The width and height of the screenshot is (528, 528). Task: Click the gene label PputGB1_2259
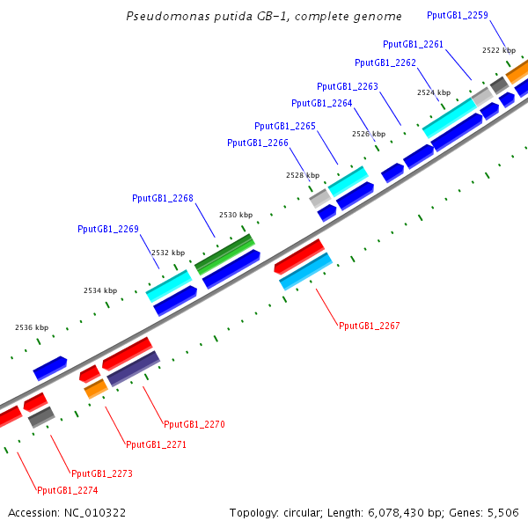(458, 15)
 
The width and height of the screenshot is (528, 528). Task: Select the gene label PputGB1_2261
(414, 44)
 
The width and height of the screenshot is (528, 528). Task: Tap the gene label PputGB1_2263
(348, 86)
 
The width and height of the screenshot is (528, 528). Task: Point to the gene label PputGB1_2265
(285, 126)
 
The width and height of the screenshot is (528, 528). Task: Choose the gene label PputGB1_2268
(163, 198)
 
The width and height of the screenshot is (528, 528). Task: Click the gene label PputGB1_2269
(108, 229)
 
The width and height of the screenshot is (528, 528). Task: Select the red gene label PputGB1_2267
(370, 326)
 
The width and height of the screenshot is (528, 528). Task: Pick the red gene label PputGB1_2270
(194, 424)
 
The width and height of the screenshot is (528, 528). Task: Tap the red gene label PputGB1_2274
(67, 490)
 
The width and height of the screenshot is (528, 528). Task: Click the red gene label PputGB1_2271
(157, 444)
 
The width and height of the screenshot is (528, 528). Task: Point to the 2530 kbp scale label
(236, 215)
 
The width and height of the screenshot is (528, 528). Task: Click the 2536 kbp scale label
(32, 327)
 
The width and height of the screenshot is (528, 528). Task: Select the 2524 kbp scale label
(433, 92)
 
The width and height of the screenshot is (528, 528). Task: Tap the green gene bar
(224, 253)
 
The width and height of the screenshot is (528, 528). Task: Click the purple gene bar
(133, 368)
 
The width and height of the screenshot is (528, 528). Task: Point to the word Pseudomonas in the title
(167, 16)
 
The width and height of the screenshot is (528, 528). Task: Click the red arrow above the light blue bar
(299, 255)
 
